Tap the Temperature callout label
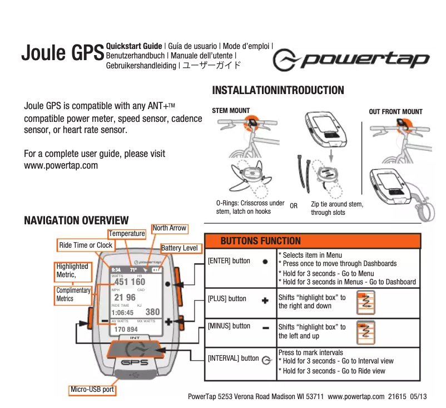127,234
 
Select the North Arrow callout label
170,228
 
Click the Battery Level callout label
179,248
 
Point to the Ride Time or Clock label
86,245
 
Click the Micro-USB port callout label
92,390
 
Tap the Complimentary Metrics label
73,295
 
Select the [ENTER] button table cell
229,260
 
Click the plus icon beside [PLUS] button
265,299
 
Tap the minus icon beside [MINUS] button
265,327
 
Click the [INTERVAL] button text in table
233,358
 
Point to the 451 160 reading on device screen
130,282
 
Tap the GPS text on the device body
135,362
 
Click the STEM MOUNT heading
231,111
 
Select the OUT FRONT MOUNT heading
396,111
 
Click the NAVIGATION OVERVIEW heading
76,220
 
